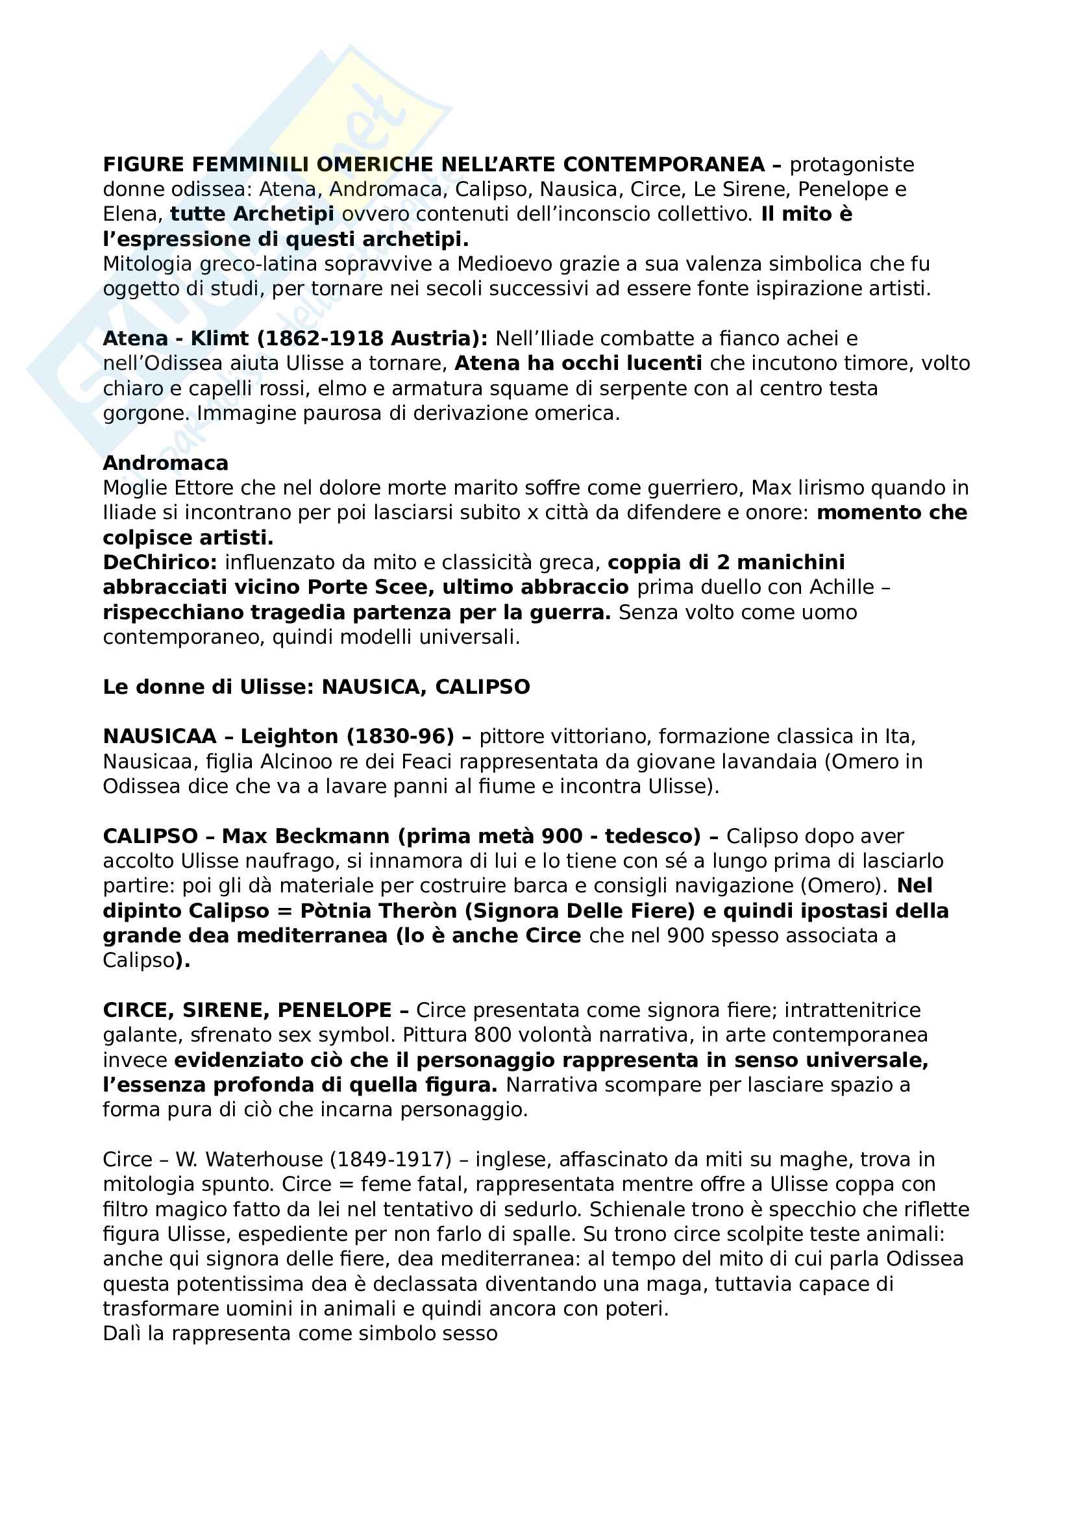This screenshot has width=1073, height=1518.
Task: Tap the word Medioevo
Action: [x=504, y=263]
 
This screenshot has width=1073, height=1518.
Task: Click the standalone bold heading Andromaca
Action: [x=166, y=463]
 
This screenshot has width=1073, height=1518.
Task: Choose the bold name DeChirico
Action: [x=159, y=563]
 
